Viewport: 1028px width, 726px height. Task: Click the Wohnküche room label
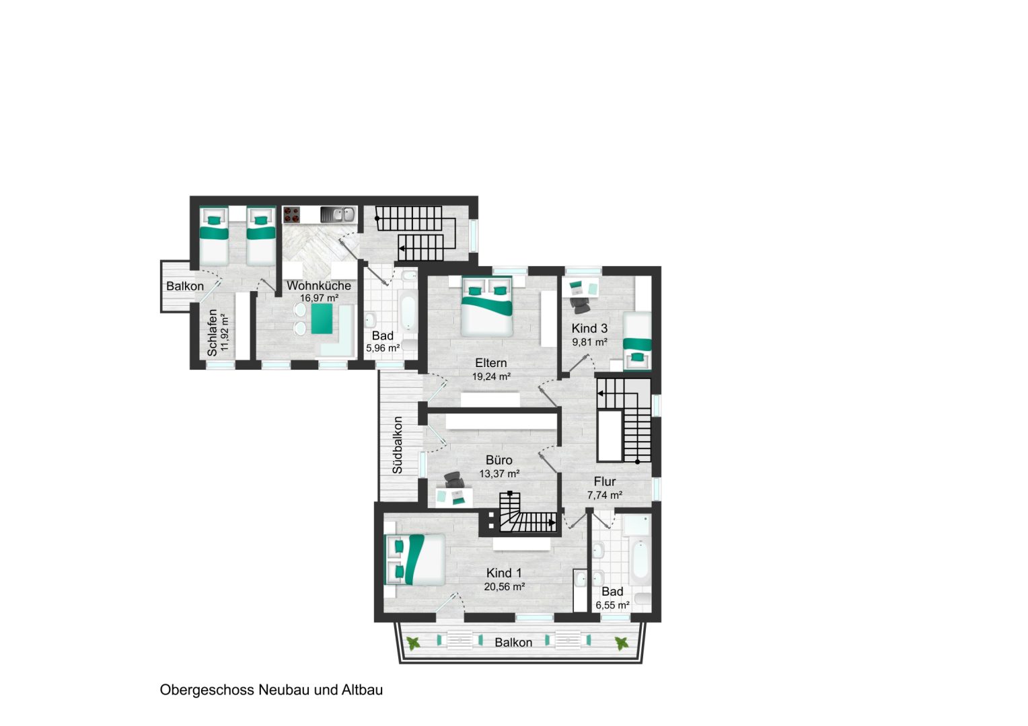tap(318, 286)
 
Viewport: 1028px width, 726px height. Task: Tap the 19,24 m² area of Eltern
tap(491, 376)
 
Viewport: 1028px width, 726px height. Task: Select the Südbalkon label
tap(398, 445)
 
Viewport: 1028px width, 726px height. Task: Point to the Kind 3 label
tap(589, 328)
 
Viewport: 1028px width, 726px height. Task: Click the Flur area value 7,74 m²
tap(604, 495)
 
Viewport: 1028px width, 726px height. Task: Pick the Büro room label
tap(499, 460)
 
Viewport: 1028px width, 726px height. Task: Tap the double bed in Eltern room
tap(486, 306)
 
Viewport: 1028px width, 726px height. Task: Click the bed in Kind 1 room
tap(414, 559)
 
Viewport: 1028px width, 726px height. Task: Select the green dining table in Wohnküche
tap(322, 319)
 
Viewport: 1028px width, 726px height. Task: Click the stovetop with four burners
tap(291, 214)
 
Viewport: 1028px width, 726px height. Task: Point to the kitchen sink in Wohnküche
tap(338, 214)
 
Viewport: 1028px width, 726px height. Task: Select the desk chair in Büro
tap(453, 480)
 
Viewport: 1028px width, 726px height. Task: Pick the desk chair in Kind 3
tap(581, 305)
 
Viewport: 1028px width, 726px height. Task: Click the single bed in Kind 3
tap(637, 340)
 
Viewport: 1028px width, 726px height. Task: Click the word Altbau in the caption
tap(362, 690)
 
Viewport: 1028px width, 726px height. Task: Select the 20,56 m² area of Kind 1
tap(505, 587)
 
